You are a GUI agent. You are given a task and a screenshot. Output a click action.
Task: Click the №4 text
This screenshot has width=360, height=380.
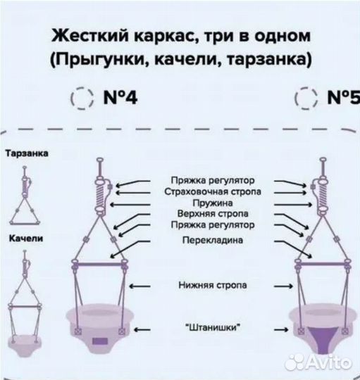click(120, 97)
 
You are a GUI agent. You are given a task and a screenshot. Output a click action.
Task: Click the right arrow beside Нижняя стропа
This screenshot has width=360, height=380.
click(283, 286)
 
